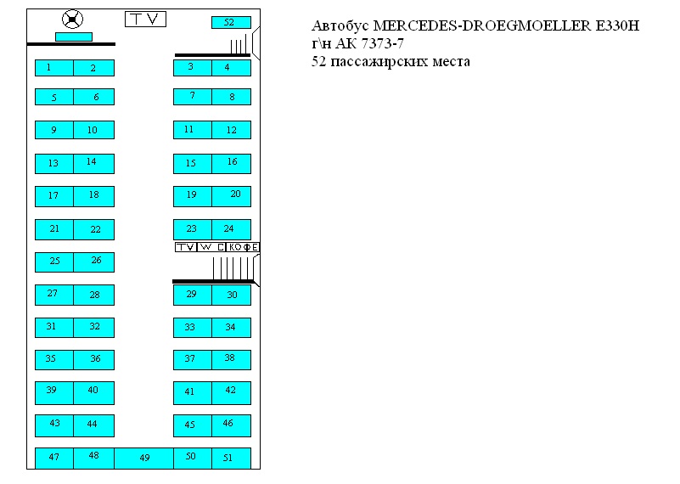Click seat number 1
tap(53, 68)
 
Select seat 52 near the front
tap(230, 22)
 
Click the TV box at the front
tap(145, 20)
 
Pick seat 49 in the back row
tap(144, 458)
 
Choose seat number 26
tap(94, 262)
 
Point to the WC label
tap(211, 247)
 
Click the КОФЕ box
tap(243, 247)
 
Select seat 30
tap(231, 295)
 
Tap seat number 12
tap(231, 130)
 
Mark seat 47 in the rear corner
tap(53, 458)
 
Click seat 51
tap(231, 458)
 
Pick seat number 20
tap(231, 195)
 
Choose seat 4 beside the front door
tap(231, 68)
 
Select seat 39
tap(53, 392)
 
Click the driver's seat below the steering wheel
tap(73, 37)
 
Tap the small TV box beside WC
tap(185, 247)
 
